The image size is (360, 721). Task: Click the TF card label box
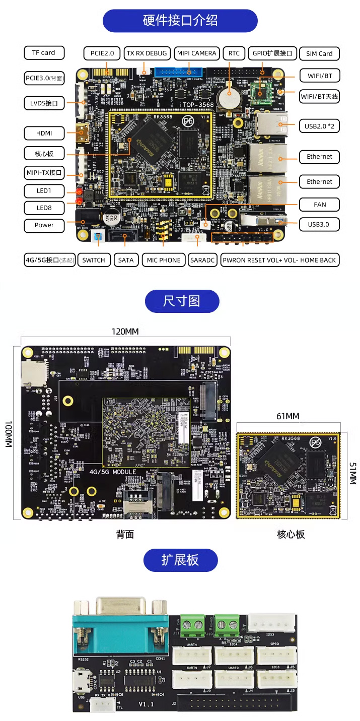[44, 53]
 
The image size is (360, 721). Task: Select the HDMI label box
[44, 134]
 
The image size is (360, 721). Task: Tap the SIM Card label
[319, 54]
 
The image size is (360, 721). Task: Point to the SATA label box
[126, 260]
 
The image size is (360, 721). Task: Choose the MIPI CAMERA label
[196, 53]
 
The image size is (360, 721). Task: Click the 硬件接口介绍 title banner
[180, 21]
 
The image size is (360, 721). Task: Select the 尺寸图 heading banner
[182, 301]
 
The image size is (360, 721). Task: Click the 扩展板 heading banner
[180, 560]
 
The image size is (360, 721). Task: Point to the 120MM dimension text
[125, 332]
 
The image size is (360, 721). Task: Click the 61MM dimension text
[288, 416]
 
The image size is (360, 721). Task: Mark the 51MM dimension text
[352, 474]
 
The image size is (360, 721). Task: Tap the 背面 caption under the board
[125, 535]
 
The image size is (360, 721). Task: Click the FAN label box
[319, 205]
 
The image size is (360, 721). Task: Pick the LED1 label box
[44, 191]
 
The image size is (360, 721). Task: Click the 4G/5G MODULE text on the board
[113, 472]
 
